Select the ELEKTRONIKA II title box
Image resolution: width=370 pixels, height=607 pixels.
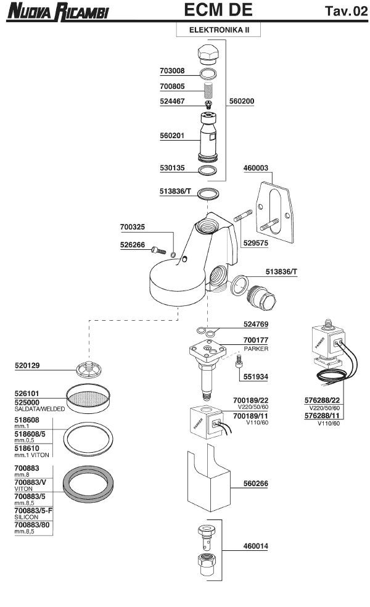(216, 29)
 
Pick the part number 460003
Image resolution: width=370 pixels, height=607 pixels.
(260, 168)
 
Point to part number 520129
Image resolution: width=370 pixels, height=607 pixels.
(27, 366)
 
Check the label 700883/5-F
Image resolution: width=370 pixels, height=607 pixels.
(34, 511)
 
